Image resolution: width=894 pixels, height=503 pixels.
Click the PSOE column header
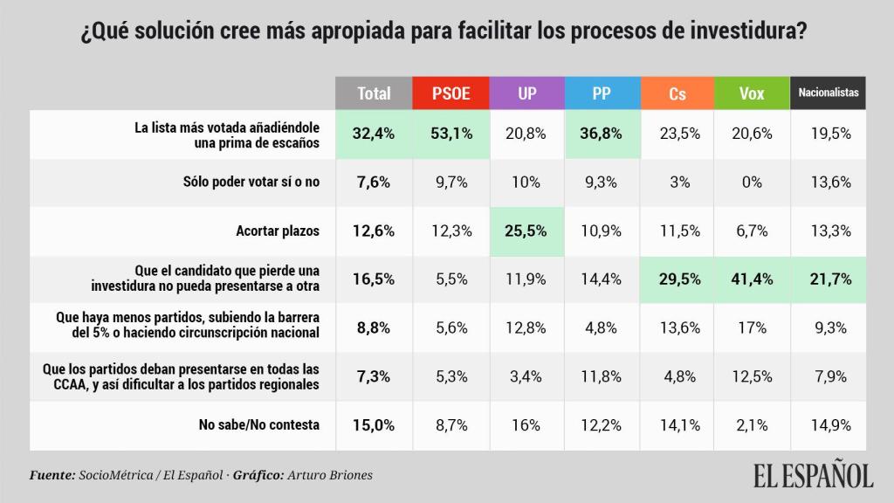(450, 93)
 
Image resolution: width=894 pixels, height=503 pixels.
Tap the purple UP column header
(526, 93)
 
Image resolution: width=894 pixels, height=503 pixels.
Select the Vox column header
(752, 93)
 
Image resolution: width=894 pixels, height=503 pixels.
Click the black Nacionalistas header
(829, 93)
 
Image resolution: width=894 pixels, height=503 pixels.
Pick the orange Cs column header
(677, 93)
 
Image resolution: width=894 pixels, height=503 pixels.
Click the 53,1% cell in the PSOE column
(450, 134)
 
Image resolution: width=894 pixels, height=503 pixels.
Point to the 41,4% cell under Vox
(752, 279)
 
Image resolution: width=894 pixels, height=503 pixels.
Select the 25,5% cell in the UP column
(526, 231)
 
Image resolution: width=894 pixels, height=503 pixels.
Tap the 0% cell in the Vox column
(752, 183)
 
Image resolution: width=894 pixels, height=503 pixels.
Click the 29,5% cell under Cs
(677, 279)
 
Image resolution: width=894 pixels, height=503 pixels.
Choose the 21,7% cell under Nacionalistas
(829, 279)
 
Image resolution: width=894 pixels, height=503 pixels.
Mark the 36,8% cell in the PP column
(602, 134)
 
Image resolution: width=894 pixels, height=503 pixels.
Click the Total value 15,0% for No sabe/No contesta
(374, 425)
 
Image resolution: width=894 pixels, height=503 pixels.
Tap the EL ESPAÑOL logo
(813, 475)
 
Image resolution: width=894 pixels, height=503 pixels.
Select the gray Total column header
(374, 93)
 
